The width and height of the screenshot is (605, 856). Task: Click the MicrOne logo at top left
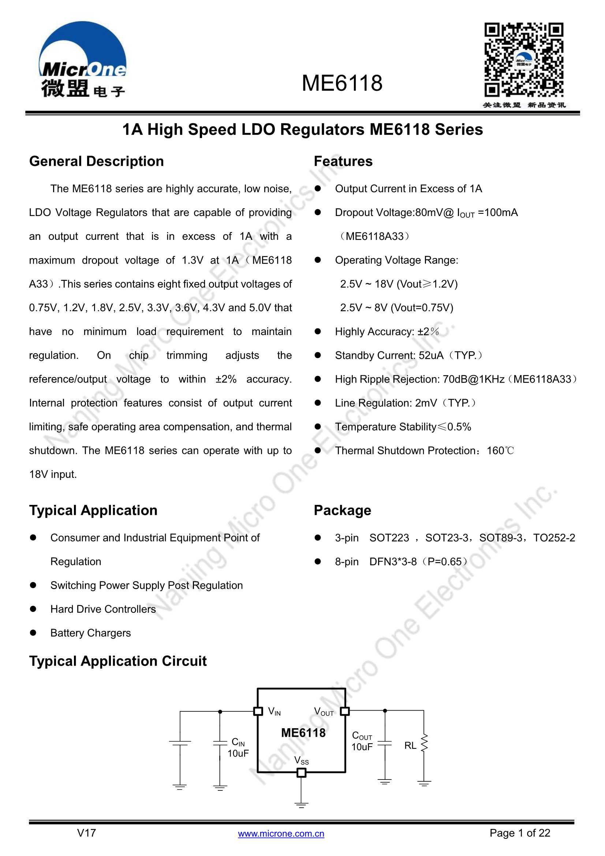click(82, 60)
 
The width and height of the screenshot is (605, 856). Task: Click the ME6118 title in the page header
click(342, 83)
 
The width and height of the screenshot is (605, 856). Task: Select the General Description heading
click(97, 161)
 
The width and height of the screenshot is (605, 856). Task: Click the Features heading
click(343, 161)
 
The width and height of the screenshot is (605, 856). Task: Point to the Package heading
click(342, 510)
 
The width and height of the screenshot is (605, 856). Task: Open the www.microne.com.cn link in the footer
click(281, 834)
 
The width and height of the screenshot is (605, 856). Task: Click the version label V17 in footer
click(86, 833)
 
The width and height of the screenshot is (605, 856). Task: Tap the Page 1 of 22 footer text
click(520, 833)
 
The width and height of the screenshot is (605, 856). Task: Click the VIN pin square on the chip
click(258, 711)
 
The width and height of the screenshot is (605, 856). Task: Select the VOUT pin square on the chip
click(345, 711)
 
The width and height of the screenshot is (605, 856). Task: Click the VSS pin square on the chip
click(301, 773)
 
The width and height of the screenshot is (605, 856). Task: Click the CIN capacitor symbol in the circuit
click(220, 743)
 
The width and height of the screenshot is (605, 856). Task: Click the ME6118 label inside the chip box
click(303, 733)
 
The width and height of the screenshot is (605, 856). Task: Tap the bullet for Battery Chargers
click(33, 633)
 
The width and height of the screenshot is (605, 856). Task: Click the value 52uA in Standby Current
click(431, 355)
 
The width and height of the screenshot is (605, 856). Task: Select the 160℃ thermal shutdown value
click(500, 451)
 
